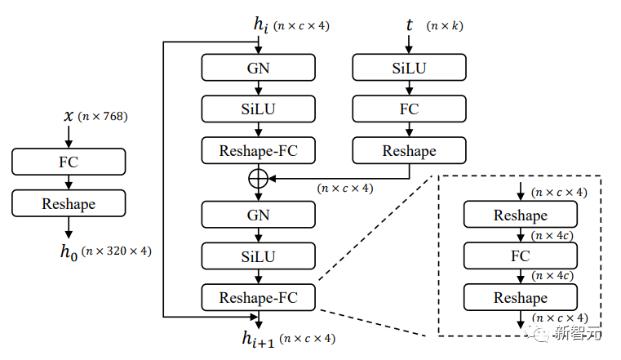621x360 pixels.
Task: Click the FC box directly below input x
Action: [69, 161]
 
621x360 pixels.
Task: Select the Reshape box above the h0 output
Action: [69, 203]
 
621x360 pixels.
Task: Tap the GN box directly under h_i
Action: [259, 68]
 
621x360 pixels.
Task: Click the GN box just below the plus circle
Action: [259, 216]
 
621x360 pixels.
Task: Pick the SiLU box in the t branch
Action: [409, 68]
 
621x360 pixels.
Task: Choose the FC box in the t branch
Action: [409, 109]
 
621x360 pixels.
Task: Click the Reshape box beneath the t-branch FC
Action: [409, 150]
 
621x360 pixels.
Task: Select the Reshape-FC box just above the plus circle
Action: [259, 150]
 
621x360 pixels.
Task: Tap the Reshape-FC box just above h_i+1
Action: [259, 297]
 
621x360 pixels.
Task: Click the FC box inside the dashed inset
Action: [520, 256]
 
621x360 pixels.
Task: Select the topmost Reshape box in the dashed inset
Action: [520, 215]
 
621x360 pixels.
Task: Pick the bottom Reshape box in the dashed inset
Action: [520, 297]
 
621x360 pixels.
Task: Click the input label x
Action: [69, 116]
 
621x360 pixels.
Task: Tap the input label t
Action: [409, 25]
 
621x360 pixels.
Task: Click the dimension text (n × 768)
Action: [104, 116]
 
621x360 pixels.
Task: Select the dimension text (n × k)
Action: [445, 26]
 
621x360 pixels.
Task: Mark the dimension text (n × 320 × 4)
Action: [117, 251]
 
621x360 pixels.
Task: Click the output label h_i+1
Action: [259, 337]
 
